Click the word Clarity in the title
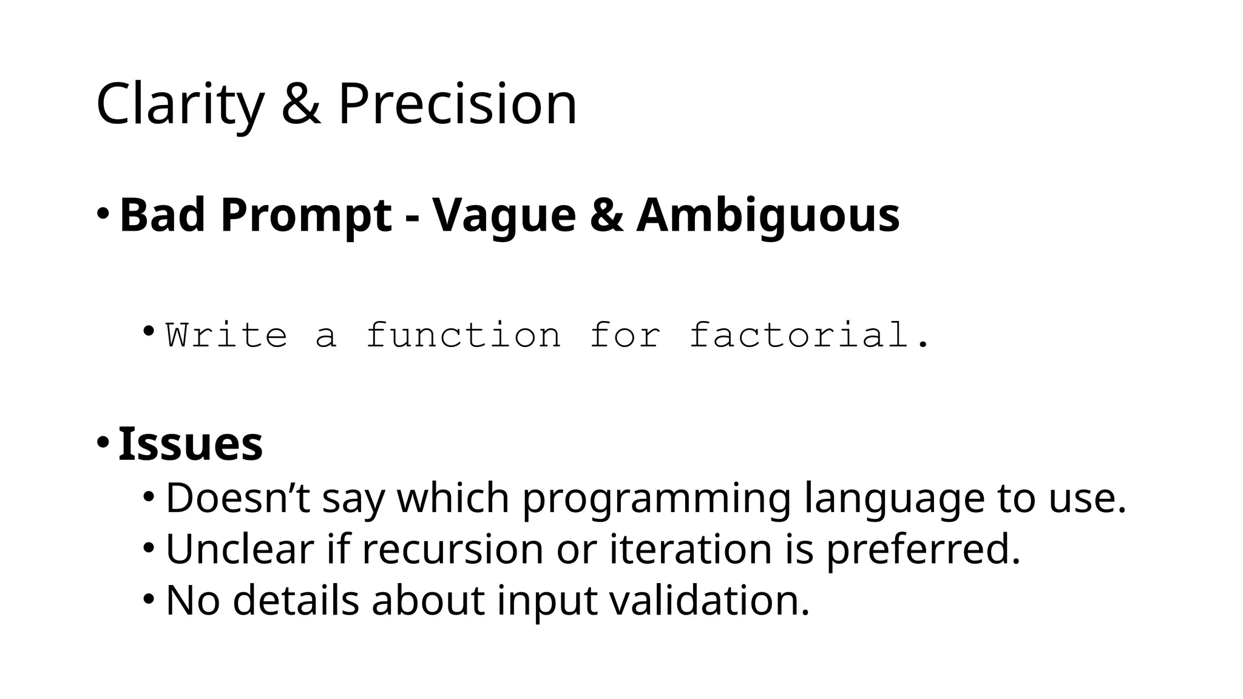tap(180, 104)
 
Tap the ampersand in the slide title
tap(300, 104)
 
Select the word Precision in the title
tap(456, 104)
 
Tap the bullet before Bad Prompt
tap(103, 214)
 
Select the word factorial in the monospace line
tap(799, 335)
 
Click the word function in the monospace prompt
tap(464, 335)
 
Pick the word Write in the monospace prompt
tap(226, 335)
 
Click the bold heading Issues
tap(191, 444)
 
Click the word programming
tap(656, 499)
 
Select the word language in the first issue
tap(893, 499)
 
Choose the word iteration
tap(690, 549)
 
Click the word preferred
tap(923, 549)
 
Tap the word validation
tap(709, 601)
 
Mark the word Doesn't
tap(237, 499)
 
